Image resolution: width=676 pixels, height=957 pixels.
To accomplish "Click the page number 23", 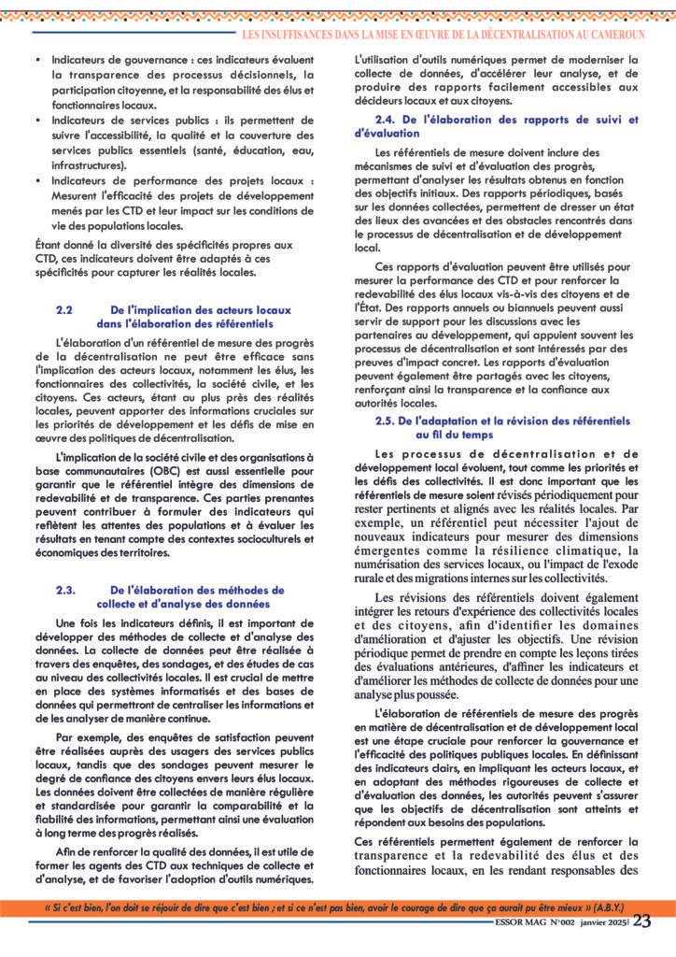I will pyautogui.click(x=642, y=921).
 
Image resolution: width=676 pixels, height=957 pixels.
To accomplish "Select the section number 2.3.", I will pyautogui.click(x=65, y=590).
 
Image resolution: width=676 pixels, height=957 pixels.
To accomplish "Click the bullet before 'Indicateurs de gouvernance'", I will pyautogui.click(x=36, y=58).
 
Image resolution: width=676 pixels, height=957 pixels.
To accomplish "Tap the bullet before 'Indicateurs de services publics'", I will pyautogui.click(x=36, y=121).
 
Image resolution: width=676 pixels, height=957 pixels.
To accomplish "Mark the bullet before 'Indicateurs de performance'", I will pyautogui.click(x=36, y=181).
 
